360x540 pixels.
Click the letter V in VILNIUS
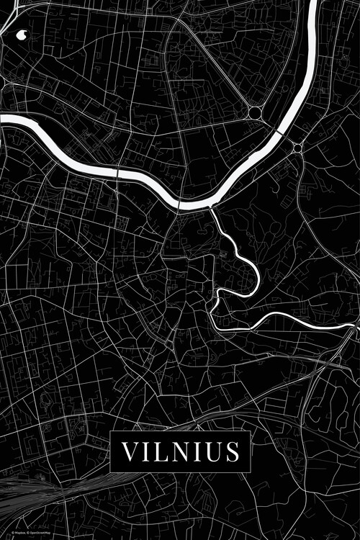(x=130, y=451)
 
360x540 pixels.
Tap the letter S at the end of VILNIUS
(x=232, y=451)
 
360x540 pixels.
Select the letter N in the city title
(x=173, y=451)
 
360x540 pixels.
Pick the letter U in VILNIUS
(x=211, y=451)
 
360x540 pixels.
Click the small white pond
(x=19, y=33)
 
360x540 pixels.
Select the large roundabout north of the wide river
(x=254, y=113)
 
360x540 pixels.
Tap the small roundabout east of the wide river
(x=297, y=148)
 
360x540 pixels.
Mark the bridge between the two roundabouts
(x=278, y=133)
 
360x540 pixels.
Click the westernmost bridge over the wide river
(x=118, y=174)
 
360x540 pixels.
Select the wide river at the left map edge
(x=4, y=119)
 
